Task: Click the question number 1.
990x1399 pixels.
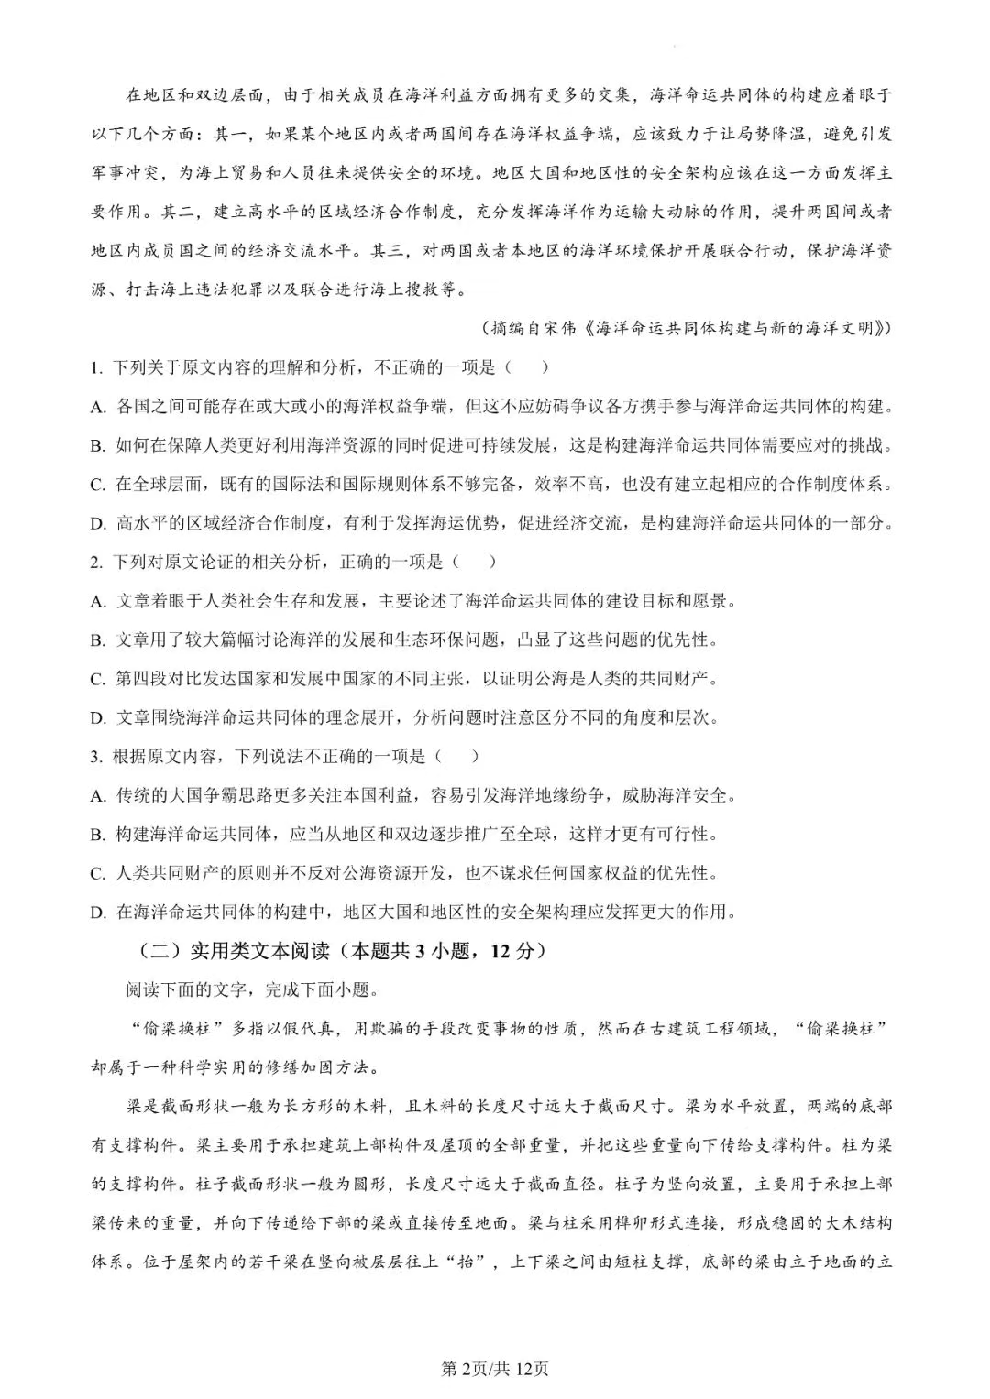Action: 94,368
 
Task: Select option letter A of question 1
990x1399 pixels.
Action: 97,408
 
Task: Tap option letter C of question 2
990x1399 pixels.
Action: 97,679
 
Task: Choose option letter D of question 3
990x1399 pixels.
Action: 97,913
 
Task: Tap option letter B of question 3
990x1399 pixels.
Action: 97,835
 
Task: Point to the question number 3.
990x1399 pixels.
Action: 94,757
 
